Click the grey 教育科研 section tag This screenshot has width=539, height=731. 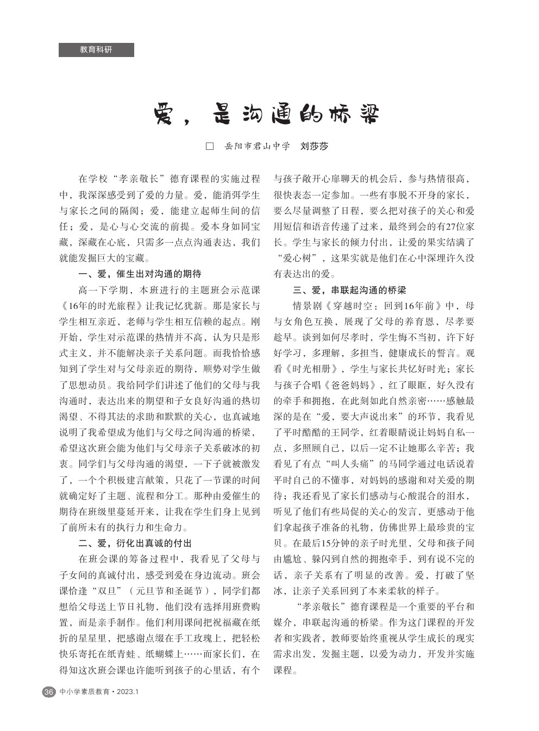(x=96, y=50)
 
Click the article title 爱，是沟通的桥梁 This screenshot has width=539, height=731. (x=266, y=115)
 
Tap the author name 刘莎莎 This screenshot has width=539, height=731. (x=315, y=147)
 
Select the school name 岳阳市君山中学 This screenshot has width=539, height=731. (x=258, y=147)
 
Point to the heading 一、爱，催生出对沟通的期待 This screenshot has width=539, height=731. (x=140, y=274)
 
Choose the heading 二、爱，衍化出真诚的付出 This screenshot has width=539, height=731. (x=135, y=544)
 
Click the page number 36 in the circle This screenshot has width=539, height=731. (x=49, y=692)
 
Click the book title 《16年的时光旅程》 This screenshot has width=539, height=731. (x=103, y=305)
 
